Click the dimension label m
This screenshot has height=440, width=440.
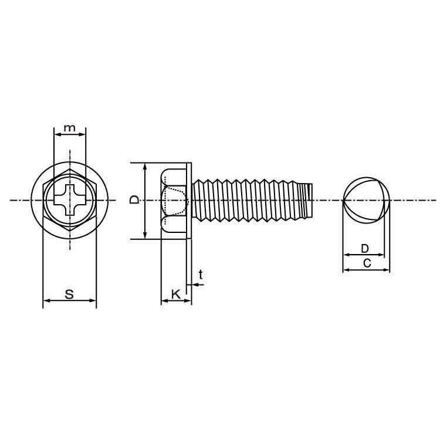coord(70,128)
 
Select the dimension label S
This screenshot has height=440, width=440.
coord(69,294)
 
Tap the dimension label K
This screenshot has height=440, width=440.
coord(176,295)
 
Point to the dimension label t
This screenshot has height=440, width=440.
coord(201,275)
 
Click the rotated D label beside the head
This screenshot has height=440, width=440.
coord(135,200)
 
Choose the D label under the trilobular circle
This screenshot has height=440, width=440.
coord(364,248)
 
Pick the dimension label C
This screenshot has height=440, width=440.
coord(367,263)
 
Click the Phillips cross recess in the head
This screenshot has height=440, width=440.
coord(70,200)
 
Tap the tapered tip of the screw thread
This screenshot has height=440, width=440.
coord(308,200)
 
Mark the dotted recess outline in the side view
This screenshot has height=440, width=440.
coord(175,201)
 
